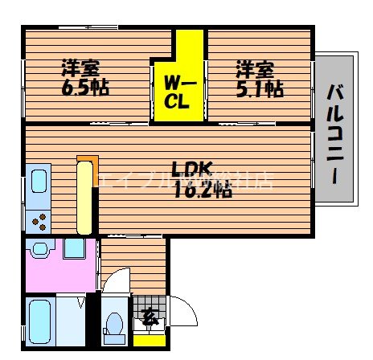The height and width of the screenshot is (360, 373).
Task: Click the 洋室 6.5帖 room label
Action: pyautogui.click(x=84, y=76)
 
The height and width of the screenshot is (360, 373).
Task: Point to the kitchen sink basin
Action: pyautogui.click(x=38, y=184)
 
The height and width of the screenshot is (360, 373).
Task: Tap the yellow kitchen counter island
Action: pyautogui.click(x=84, y=198)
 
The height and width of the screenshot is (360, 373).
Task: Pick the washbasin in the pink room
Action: pyautogui.click(x=76, y=248)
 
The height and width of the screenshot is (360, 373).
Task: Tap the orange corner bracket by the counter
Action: pyautogui.click(x=81, y=158)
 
